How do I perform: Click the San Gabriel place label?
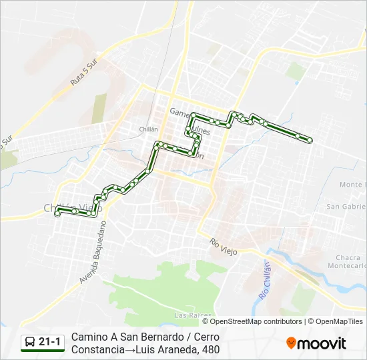click(346, 207)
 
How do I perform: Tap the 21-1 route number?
click(50, 343)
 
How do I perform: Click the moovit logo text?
click(322, 343)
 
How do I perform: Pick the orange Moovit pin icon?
click(291, 343)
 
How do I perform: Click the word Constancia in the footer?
click(98, 349)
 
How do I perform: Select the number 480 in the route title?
click(210, 349)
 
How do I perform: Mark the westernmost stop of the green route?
click(57, 213)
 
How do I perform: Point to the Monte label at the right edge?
click(351, 185)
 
